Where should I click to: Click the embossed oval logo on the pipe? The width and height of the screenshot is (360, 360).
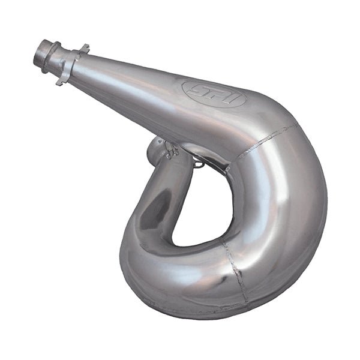[214, 94]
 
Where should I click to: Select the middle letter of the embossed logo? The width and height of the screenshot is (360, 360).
[213, 94]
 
